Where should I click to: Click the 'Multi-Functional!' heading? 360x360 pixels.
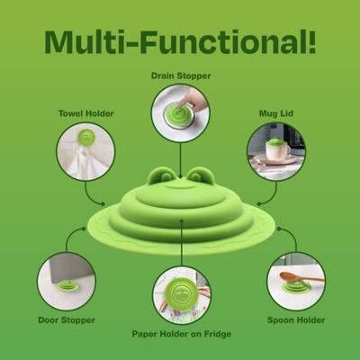pos(180,41)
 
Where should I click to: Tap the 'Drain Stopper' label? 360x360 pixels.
pos(181,76)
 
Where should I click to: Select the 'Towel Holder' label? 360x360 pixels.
pos(86,113)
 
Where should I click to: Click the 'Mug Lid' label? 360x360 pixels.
pos(276,113)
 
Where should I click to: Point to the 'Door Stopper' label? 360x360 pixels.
pos(67,320)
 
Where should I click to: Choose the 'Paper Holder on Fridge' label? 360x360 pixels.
pos(182,334)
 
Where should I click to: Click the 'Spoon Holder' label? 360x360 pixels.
pos(296,320)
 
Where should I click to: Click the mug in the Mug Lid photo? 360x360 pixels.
pos(276,151)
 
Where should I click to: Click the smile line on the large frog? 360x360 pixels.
pos(181,187)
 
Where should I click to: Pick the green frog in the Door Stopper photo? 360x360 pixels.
pos(67,285)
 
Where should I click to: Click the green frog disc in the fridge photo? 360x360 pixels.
pos(180,294)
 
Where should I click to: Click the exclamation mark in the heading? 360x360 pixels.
pos(311,41)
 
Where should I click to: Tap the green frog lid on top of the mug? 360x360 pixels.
pos(276,141)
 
